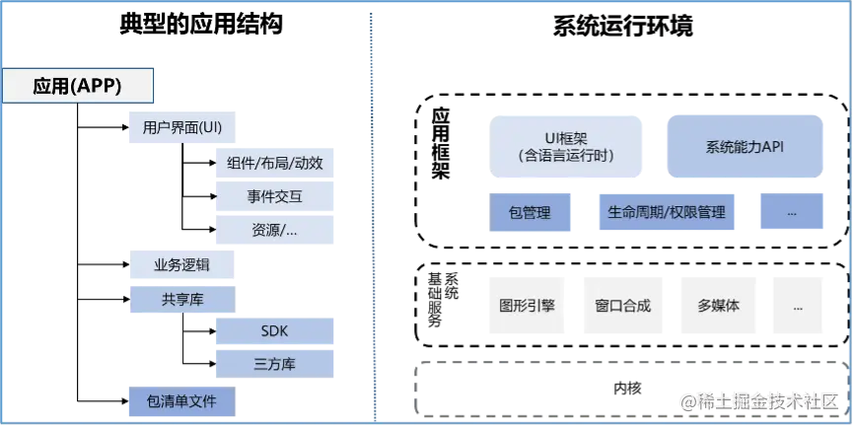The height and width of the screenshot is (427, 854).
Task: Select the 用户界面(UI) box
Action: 182,128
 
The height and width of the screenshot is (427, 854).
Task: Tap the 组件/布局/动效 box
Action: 275,163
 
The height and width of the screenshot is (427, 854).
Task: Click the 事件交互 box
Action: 275,196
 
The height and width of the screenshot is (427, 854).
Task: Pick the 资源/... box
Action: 275,230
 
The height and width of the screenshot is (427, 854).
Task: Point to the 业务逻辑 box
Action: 181,265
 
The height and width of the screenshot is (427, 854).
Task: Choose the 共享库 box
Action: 181,299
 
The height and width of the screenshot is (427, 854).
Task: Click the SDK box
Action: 275,331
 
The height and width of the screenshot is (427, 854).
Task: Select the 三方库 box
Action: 275,364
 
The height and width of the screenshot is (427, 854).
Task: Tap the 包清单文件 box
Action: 181,401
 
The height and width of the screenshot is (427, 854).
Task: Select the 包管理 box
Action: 530,212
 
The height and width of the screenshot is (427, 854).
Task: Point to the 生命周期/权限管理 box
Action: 666,212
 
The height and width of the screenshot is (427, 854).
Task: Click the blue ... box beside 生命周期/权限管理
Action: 791,212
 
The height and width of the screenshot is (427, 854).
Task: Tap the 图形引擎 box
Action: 528,306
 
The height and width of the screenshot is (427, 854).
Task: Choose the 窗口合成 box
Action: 623,306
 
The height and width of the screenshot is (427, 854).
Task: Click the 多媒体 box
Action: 718,306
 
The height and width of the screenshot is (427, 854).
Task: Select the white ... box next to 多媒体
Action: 797,306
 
